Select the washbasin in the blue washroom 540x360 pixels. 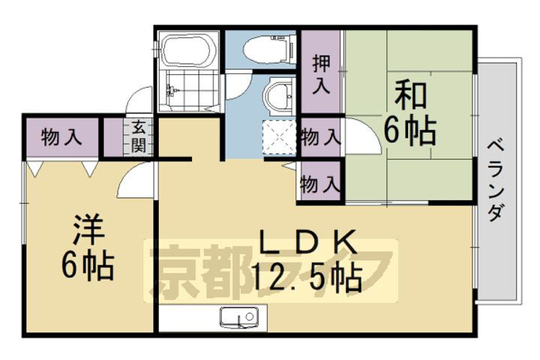[x=278, y=95]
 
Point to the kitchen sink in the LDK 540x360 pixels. [x=239, y=318]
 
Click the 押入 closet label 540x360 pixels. [x=321, y=73]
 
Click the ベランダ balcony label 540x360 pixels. [x=494, y=179]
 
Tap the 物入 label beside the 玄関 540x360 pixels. [x=61, y=136]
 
